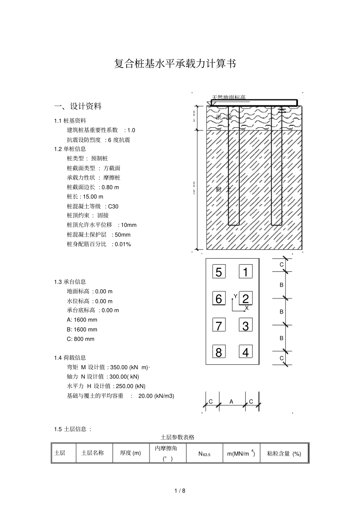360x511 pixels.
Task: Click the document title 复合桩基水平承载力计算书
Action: [x=175, y=64]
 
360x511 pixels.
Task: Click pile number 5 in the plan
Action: [x=219, y=272]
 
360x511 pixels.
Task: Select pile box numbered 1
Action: [x=246, y=272]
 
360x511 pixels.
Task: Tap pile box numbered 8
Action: [x=219, y=352]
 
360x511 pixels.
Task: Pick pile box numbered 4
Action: [x=246, y=352]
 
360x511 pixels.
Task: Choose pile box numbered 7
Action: [x=219, y=325]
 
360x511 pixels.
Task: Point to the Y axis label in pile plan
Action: [x=235, y=296]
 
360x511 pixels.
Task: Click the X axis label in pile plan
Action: [x=247, y=308]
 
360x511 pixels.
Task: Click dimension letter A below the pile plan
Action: [x=231, y=402]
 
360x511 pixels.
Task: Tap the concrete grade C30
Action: [x=113, y=206]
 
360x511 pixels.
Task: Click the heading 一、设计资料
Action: [x=78, y=106]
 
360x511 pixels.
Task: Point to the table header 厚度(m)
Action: [x=130, y=453]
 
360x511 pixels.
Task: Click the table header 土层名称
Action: [x=92, y=453]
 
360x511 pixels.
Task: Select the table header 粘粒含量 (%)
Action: [x=284, y=453]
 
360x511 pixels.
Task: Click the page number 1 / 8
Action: [x=180, y=491]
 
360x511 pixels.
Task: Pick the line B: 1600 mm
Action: [x=82, y=329]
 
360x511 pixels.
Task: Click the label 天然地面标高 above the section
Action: [x=229, y=97]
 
